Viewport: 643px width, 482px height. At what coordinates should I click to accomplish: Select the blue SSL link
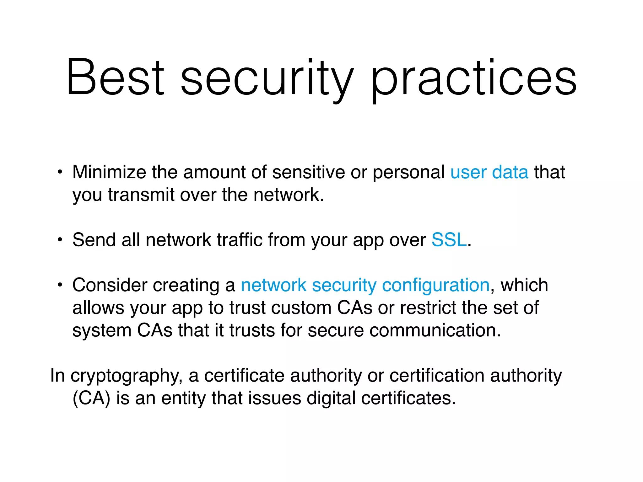pyautogui.click(x=449, y=240)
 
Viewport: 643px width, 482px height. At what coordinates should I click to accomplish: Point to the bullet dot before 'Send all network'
pyautogui.click(x=60, y=240)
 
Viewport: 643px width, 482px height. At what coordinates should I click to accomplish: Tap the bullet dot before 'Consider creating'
pyautogui.click(x=60, y=285)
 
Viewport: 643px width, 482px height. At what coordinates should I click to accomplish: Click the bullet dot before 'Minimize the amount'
pyautogui.click(x=60, y=172)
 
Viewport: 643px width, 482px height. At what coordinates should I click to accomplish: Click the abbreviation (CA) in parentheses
pyautogui.click(x=91, y=399)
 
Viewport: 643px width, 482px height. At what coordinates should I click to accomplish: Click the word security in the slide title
pyautogui.click(x=267, y=78)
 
